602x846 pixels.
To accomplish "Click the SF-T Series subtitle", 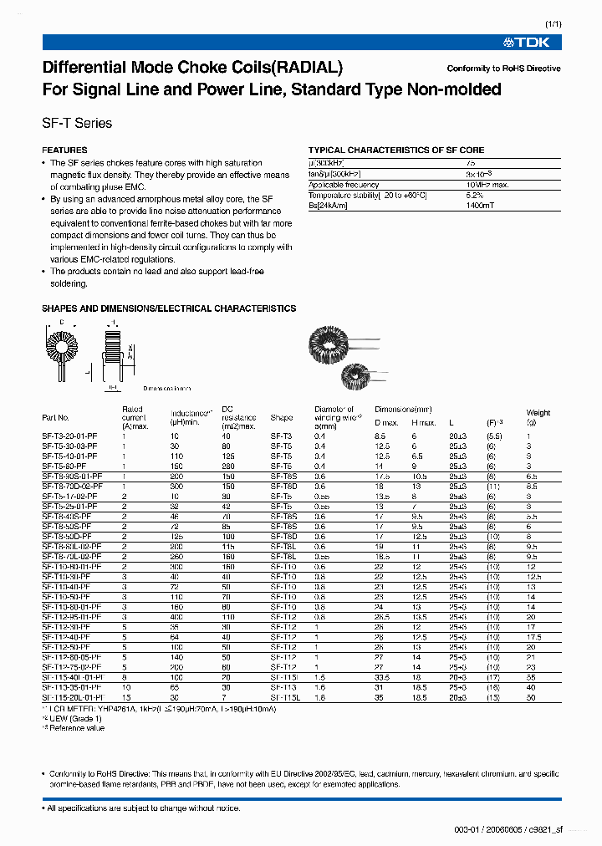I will [77, 123].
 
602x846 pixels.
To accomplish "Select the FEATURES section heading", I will [64, 150].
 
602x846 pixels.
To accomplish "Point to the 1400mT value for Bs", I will [482, 206].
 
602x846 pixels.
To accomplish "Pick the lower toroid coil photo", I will [359, 370].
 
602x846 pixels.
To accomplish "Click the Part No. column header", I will [55, 417].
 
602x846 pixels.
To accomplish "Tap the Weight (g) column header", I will [538, 417].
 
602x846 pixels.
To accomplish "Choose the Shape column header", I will [282, 417].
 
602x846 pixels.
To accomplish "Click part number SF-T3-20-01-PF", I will [69, 436].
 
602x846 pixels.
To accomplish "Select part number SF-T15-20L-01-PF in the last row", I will [73, 696].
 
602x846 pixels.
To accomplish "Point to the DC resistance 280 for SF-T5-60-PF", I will [228, 466].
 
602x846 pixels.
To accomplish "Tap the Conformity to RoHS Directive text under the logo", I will [503, 69].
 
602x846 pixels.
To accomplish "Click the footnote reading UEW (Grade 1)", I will [74, 718].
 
